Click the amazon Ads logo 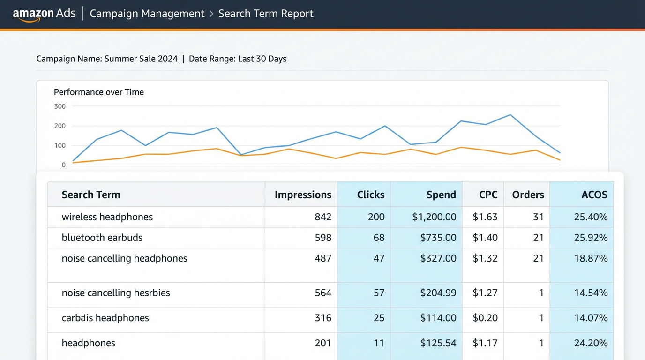click(44, 14)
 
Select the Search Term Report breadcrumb click(266, 14)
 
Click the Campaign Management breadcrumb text click(147, 14)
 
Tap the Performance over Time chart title click(99, 92)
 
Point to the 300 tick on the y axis click(60, 106)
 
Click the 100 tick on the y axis click(60, 145)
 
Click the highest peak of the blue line click(510, 115)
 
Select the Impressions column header click(303, 195)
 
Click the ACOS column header click(594, 195)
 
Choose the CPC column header click(488, 195)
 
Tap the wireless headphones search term click(107, 217)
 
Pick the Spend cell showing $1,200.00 click(434, 217)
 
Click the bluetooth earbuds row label click(102, 238)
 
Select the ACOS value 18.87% click(591, 258)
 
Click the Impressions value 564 click(323, 293)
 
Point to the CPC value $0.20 click(485, 318)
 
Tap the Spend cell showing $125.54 click(438, 343)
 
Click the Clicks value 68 click(379, 238)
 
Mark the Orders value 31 click(538, 217)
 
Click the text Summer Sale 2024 click(141, 59)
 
